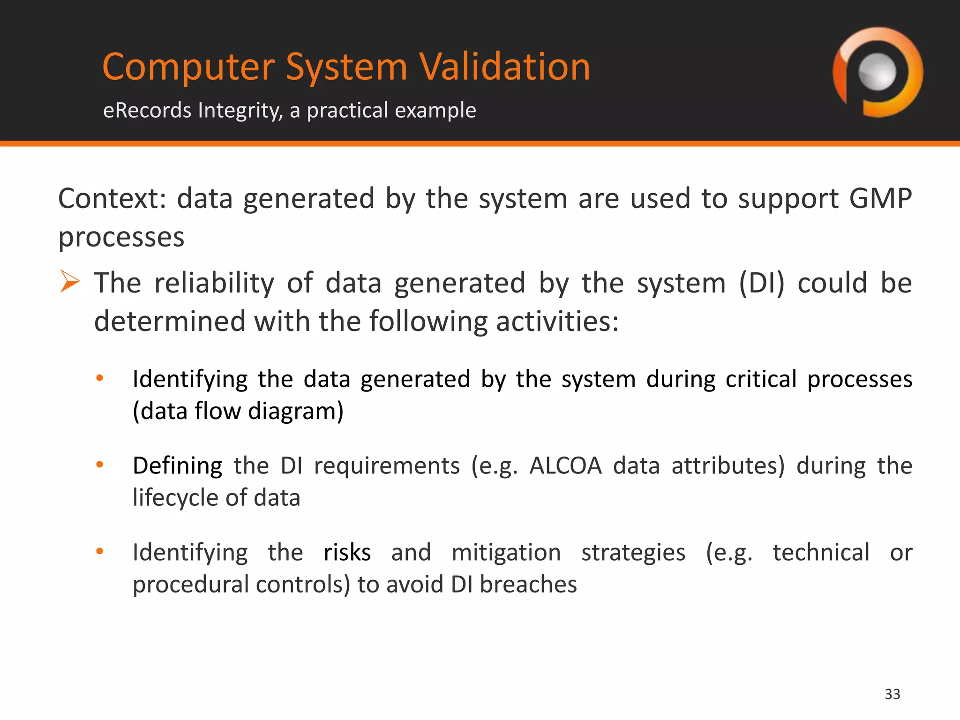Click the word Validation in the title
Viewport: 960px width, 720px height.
[504, 67]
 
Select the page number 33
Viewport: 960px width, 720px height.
[892, 694]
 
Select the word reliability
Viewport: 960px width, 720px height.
[214, 283]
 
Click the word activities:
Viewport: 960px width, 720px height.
[557, 322]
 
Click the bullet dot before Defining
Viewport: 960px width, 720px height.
[99, 465]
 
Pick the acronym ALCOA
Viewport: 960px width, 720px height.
[565, 466]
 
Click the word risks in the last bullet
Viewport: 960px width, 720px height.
[347, 552]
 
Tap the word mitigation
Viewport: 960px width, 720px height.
[506, 552]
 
